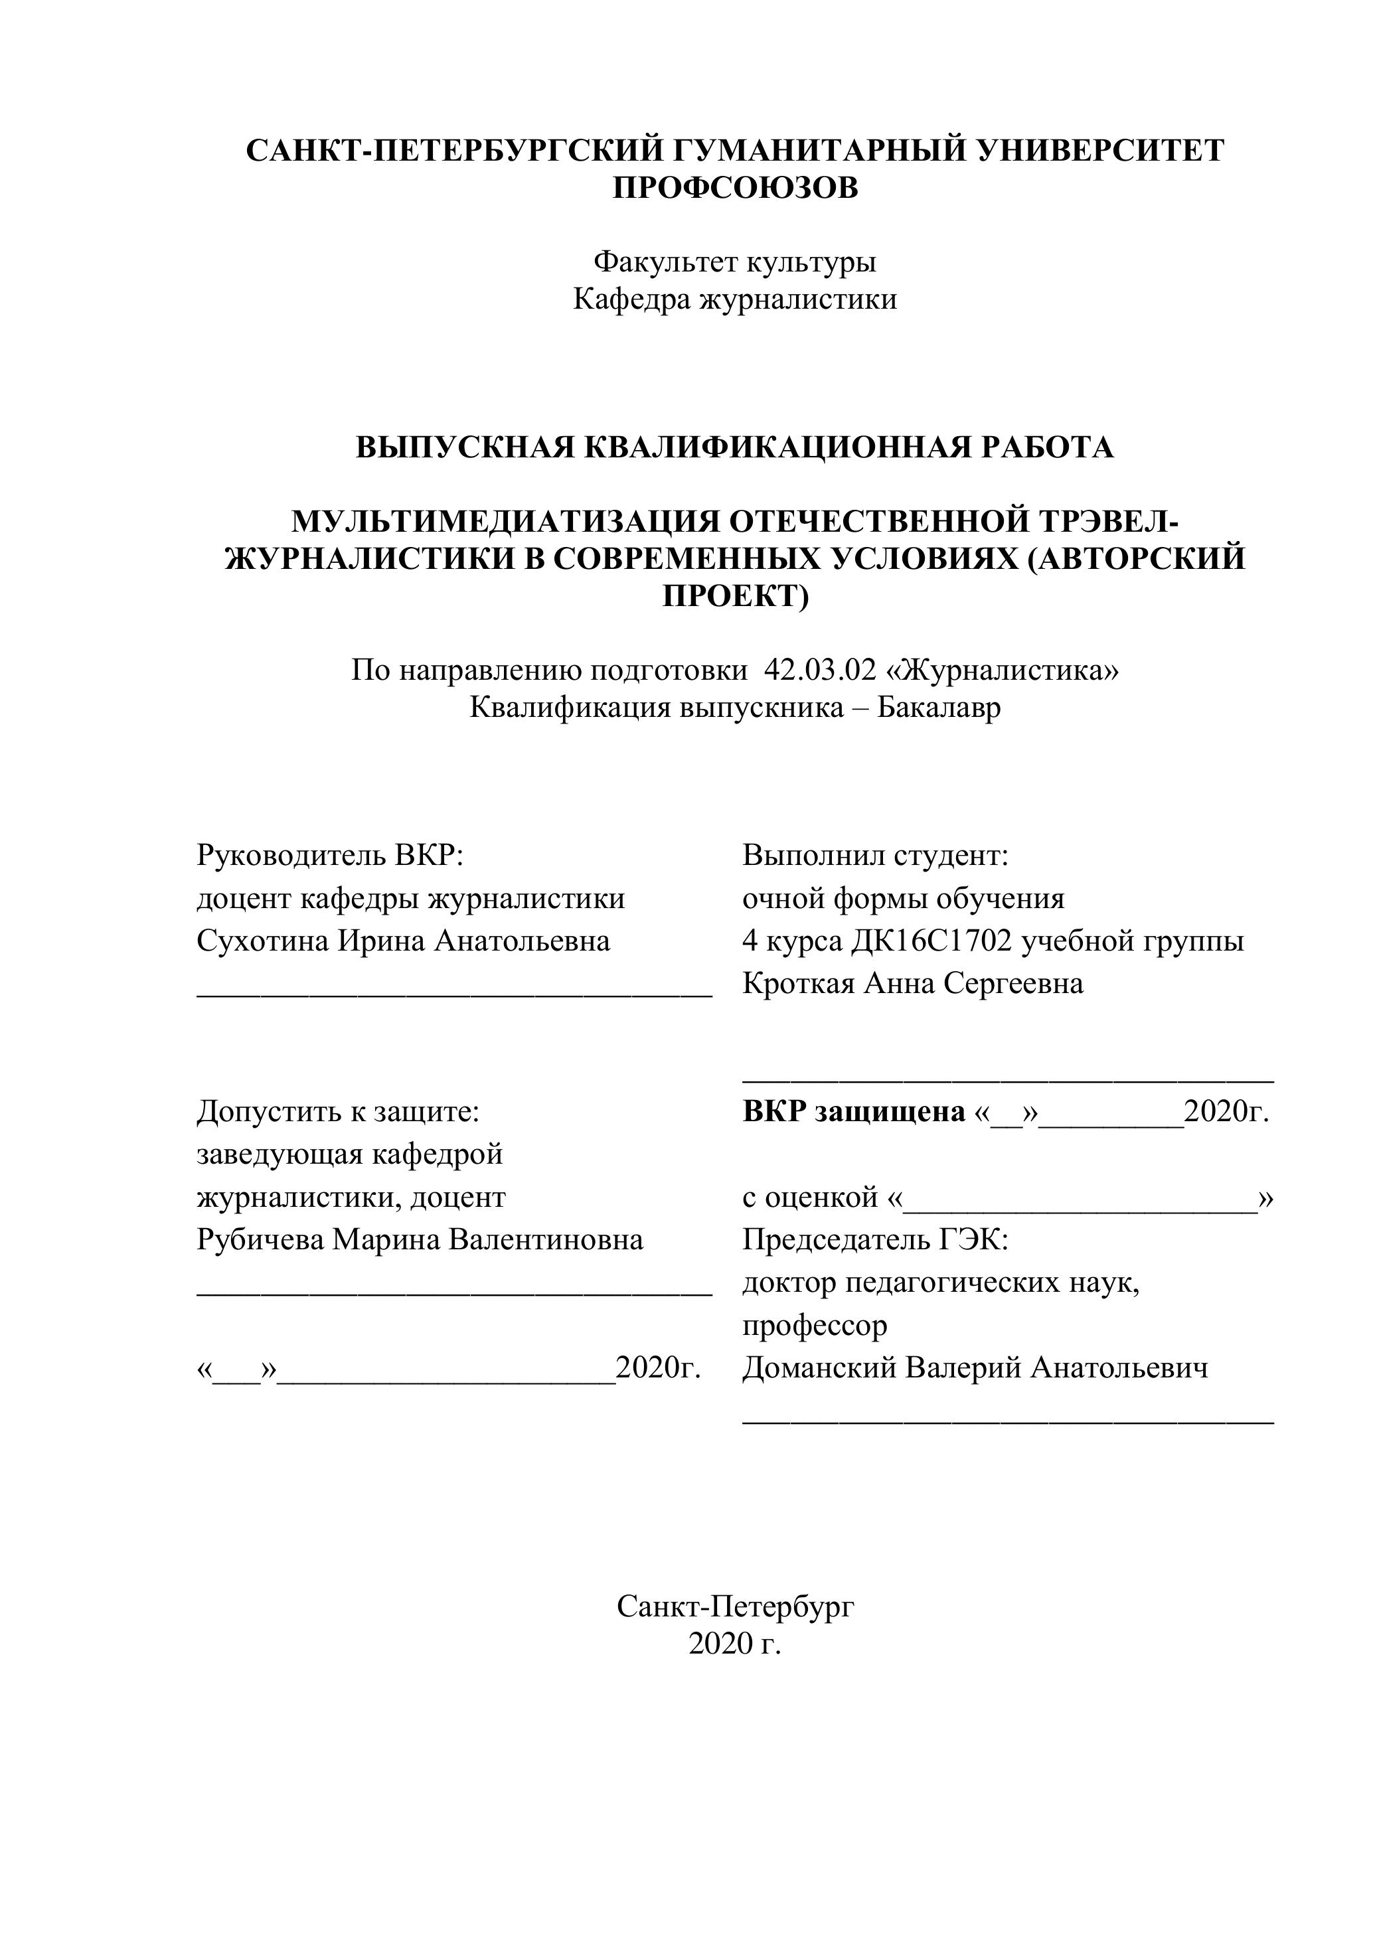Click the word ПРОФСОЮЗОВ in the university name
click(x=735, y=188)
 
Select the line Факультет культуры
click(x=735, y=262)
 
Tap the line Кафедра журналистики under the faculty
click(x=735, y=299)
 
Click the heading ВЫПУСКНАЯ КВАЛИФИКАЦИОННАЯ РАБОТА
click(x=735, y=447)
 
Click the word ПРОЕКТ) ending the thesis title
click(x=735, y=596)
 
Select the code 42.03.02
click(x=819, y=670)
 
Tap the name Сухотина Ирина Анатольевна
click(x=403, y=941)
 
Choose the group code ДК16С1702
click(x=931, y=941)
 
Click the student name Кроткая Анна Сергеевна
click(x=913, y=983)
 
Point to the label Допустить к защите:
click(x=338, y=1112)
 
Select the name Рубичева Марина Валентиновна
click(x=420, y=1240)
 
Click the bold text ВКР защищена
click(x=854, y=1112)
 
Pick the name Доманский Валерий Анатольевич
click(x=975, y=1368)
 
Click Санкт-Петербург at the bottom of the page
click(x=735, y=1606)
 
